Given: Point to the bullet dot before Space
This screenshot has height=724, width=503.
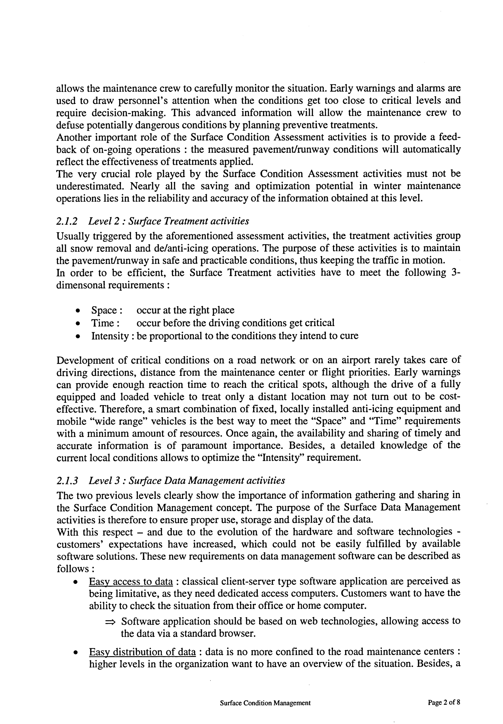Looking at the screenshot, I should (77, 311).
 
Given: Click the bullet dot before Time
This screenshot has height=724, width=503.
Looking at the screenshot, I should (77, 324).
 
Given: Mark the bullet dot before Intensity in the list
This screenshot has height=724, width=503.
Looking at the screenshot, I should (77, 336).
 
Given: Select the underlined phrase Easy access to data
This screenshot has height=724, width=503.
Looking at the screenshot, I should (131, 581).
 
